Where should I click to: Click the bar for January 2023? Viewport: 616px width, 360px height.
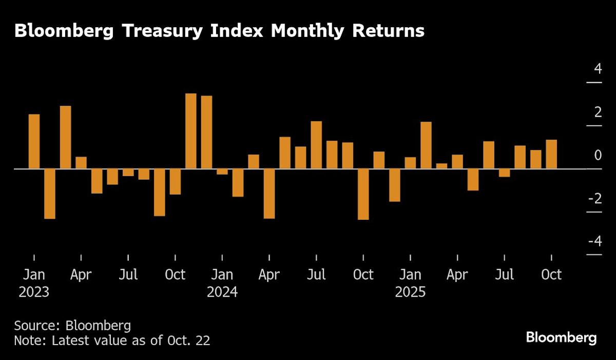point(34,141)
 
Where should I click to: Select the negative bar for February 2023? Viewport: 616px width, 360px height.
point(50,194)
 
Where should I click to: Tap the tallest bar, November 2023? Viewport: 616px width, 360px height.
point(190,131)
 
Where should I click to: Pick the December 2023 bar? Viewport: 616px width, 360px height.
point(206,132)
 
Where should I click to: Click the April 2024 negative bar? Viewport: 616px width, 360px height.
point(269,194)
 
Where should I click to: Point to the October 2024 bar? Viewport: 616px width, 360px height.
point(363,194)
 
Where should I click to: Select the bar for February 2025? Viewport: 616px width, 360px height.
point(426,145)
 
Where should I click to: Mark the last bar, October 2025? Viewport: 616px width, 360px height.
point(551,154)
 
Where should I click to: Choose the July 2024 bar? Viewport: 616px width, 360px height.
point(316,145)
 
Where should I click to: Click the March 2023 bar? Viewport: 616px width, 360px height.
point(65,137)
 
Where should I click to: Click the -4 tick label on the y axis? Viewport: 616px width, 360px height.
point(594,241)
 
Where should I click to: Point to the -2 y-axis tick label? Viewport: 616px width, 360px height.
point(594,198)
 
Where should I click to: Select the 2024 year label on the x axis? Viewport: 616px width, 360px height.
point(222,292)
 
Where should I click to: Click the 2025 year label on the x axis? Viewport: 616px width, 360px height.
point(410,292)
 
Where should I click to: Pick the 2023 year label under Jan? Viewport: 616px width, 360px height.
point(34,292)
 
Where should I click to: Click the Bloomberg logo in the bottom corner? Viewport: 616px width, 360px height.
point(561,337)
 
